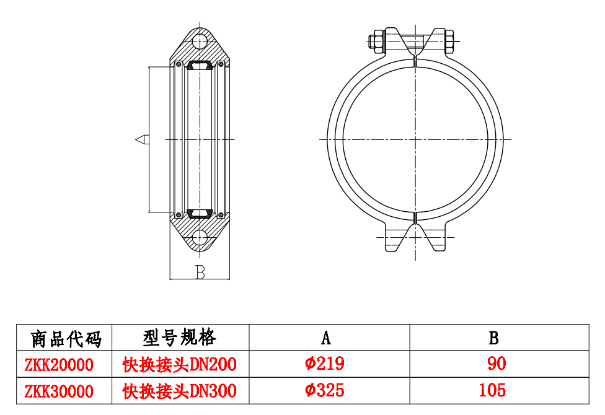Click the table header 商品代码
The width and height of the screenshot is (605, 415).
(x=65, y=338)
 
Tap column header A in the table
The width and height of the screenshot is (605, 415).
(x=326, y=338)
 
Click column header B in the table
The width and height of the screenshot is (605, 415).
(x=493, y=338)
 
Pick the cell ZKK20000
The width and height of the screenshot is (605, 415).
(x=59, y=364)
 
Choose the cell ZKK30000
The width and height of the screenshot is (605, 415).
(x=59, y=391)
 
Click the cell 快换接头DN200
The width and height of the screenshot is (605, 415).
(x=179, y=364)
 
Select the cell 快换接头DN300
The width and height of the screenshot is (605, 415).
(x=179, y=391)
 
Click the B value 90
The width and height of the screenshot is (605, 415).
(x=496, y=364)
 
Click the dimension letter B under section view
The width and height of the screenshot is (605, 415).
(x=200, y=272)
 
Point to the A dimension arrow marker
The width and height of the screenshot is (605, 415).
(x=142, y=139)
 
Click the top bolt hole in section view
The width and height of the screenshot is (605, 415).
(x=200, y=41)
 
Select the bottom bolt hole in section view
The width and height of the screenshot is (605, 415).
(x=200, y=237)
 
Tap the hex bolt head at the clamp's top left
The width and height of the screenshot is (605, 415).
(x=376, y=43)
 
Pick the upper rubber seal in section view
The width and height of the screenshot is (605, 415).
(x=200, y=65)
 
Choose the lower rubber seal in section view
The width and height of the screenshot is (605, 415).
(x=200, y=214)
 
